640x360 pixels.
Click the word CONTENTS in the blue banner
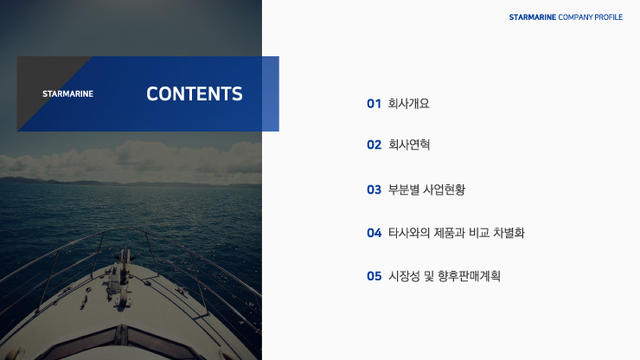coord(195,94)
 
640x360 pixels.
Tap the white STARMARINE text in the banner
coord(67,94)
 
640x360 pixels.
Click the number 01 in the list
coord(374,104)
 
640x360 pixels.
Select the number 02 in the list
coord(374,145)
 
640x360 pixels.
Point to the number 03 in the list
coord(374,190)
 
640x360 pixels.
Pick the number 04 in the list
coord(374,234)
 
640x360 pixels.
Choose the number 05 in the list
coord(374,277)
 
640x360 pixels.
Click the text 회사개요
coord(408,104)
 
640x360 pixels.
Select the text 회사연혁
coord(408,145)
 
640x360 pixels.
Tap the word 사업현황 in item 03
coord(444,190)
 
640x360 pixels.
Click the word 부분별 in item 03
coord(403,190)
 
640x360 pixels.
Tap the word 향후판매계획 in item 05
coord(469,277)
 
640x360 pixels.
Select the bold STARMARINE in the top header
coord(533,17)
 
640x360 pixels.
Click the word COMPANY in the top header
coord(575,17)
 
